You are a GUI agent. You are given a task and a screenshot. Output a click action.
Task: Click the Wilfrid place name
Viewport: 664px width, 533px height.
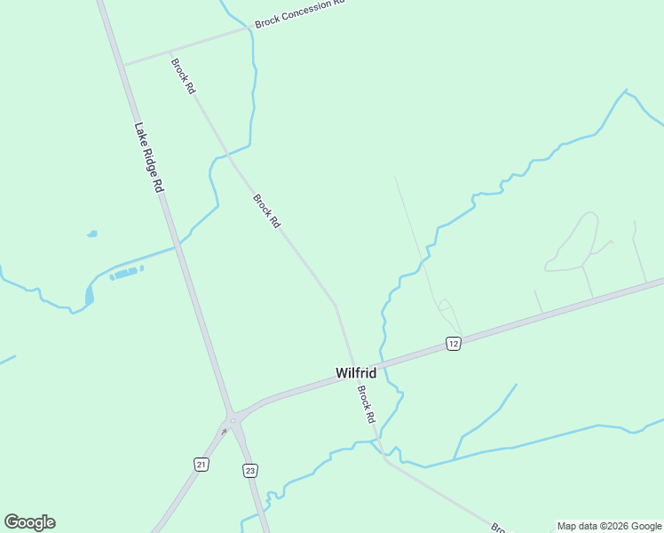click(x=356, y=374)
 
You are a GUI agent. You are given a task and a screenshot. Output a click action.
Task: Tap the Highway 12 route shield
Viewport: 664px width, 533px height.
click(x=453, y=344)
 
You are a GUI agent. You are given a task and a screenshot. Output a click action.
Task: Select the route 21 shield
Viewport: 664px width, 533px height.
click(x=202, y=465)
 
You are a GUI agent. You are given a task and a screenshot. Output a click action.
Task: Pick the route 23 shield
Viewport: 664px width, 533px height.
click(x=249, y=470)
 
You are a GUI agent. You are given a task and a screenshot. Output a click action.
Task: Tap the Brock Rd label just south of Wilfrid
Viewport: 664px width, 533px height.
click(x=367, y=403)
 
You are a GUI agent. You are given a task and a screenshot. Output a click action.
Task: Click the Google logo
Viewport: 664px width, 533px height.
click(x=29, y=522)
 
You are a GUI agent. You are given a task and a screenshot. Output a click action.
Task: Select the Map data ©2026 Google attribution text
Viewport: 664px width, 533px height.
click(x=609, y=526)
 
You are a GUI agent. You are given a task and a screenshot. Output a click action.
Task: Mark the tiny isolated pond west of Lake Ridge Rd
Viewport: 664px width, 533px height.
click(x=91, y=235)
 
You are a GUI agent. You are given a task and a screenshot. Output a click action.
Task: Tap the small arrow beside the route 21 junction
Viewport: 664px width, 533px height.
click(x=225, y=431)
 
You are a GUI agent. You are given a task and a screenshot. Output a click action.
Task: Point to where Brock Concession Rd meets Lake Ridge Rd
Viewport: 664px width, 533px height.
click(x=123, y=65)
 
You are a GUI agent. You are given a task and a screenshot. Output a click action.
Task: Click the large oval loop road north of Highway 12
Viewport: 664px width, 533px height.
click(x=575, y=242)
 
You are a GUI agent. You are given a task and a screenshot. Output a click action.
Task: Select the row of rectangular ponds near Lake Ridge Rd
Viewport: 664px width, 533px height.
click(x=125, y=273)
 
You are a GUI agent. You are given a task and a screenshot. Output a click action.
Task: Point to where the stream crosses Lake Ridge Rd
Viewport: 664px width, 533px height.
click(x=178, y=248)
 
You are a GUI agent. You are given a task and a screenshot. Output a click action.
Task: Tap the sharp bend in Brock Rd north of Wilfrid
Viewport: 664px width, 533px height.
click(x=335, y=304)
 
